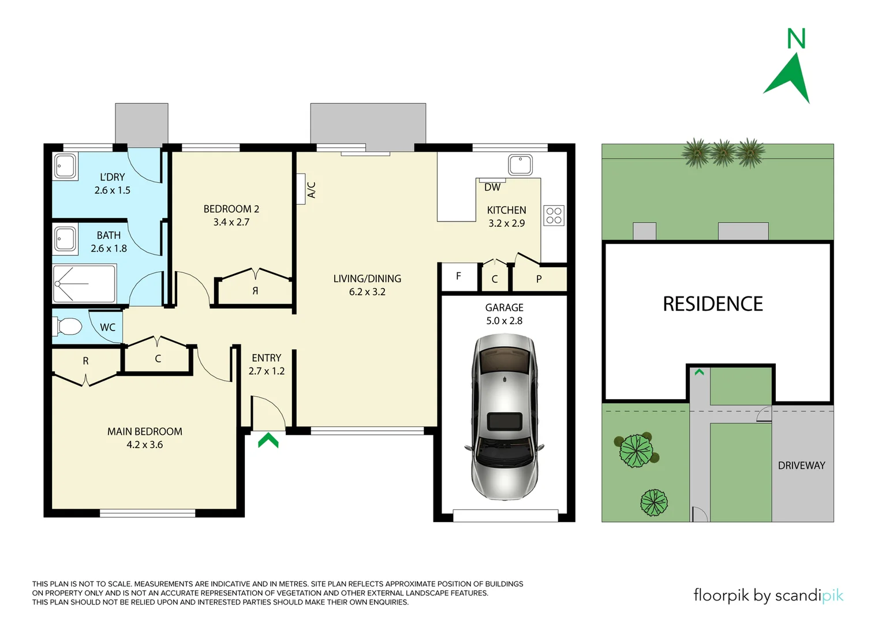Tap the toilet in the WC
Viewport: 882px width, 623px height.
click(68, 326)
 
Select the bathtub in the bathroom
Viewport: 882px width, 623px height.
click(84, 283)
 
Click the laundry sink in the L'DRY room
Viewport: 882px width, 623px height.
click(65, 166)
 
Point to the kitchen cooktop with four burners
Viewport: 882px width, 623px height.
click(554, 216)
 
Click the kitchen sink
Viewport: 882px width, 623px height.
click(520, 164)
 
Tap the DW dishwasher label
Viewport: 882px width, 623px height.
click(492, 187)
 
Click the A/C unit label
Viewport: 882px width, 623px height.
click(311, 190)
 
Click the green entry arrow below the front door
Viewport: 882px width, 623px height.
click(268, 441)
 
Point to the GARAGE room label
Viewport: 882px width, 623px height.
click(504, 308)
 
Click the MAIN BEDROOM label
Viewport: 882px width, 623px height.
click(144, 431)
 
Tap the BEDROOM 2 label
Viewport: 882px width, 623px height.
click(231, 209)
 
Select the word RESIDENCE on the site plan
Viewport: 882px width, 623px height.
click(712, 304)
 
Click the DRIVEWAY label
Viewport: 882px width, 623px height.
click(801, 466)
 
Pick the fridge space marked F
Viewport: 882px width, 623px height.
click(459, 276)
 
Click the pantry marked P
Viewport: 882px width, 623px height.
click(539, 279)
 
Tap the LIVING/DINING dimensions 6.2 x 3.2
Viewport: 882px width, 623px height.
click(367, 292)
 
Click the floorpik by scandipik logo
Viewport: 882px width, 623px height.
click(768, 595)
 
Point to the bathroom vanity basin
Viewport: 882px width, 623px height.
click(65, 239)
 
